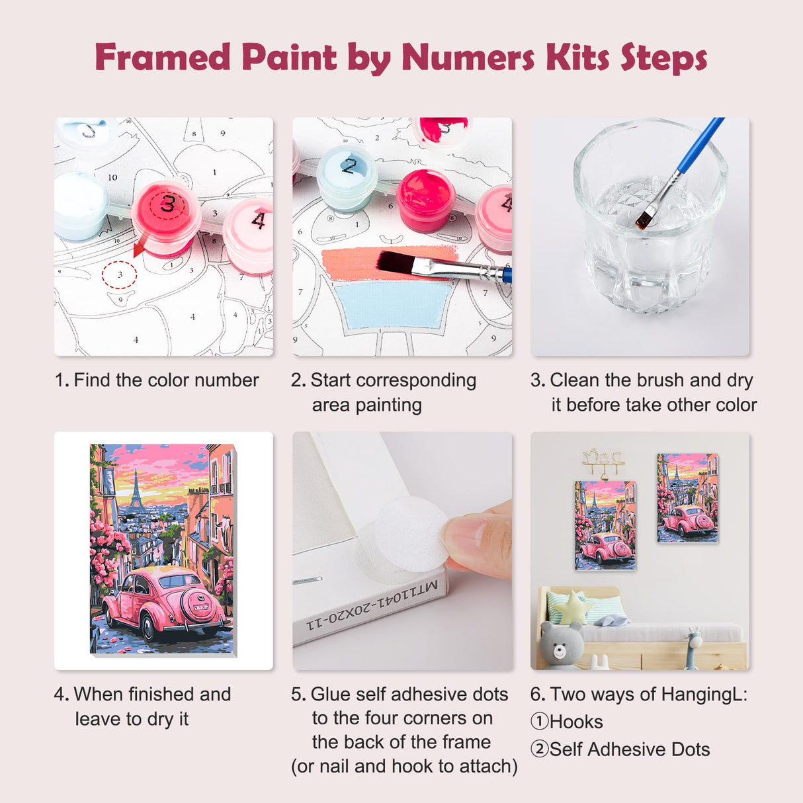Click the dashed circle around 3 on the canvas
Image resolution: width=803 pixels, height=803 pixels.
pos(120,274)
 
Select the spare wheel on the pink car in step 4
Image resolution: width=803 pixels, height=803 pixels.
pos(201,605)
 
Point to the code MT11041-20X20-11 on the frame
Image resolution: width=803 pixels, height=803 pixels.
pos(372,604)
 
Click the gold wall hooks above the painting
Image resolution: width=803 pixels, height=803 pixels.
pos(603,462)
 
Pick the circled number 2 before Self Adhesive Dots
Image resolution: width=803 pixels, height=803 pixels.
pos(539,749)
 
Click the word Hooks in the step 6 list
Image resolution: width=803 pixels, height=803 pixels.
pos(576,722)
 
